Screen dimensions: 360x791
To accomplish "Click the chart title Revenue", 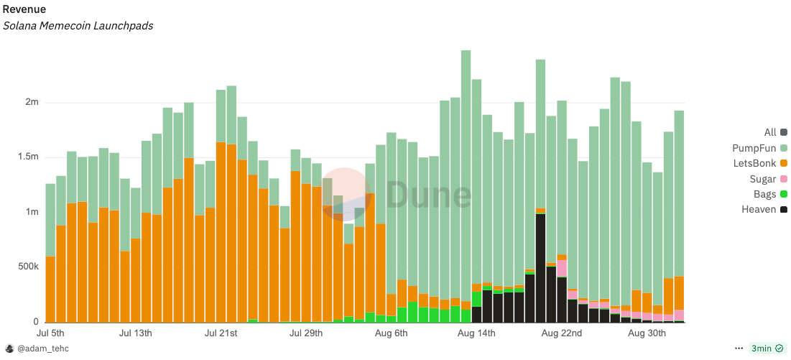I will pyautogui.click(x=24, y=9).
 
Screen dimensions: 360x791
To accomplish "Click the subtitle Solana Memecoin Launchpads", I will pyautogui.click(x=78, y=26).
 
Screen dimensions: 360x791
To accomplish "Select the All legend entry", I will pyautogui.click(x=771, y=132).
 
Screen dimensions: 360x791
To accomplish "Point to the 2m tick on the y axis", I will pyautogui.click(x=32, y=103).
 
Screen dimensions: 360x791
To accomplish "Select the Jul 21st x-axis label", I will pyautogui.click(x=221, y=333).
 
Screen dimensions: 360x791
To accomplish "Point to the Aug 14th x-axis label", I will pyautogui.click(x=476, y=333).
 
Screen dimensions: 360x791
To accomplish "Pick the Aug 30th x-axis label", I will pyautogui.click(x=647, y=333).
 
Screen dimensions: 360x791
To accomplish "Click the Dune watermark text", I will pyautogui.click(x=429, y=195).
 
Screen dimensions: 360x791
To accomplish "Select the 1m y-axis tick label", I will pyautogui.click(x=32, y=212).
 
